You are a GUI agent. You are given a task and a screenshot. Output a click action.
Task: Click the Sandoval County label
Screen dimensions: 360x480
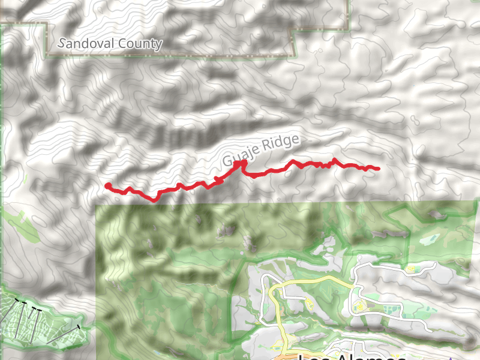tap(111, 44)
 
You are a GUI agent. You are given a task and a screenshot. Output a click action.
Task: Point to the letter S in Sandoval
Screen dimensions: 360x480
tap(62, 44)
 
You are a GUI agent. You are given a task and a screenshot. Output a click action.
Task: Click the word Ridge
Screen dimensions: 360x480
tap(283, 145)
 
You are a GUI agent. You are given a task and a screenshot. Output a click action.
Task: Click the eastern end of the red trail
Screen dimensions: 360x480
tap(378, 169)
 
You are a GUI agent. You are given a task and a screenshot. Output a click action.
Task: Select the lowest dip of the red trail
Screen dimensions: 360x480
tap(154, 200)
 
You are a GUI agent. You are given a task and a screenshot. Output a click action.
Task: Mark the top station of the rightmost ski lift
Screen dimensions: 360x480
tap(79, 327)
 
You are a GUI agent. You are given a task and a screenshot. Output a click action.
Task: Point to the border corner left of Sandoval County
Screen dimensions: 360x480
tap(47, 24)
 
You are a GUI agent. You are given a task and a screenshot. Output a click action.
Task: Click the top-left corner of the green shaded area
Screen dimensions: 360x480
tap(97, 206)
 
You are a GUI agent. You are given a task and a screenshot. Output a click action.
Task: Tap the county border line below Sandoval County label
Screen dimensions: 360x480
tap(168, 56)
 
